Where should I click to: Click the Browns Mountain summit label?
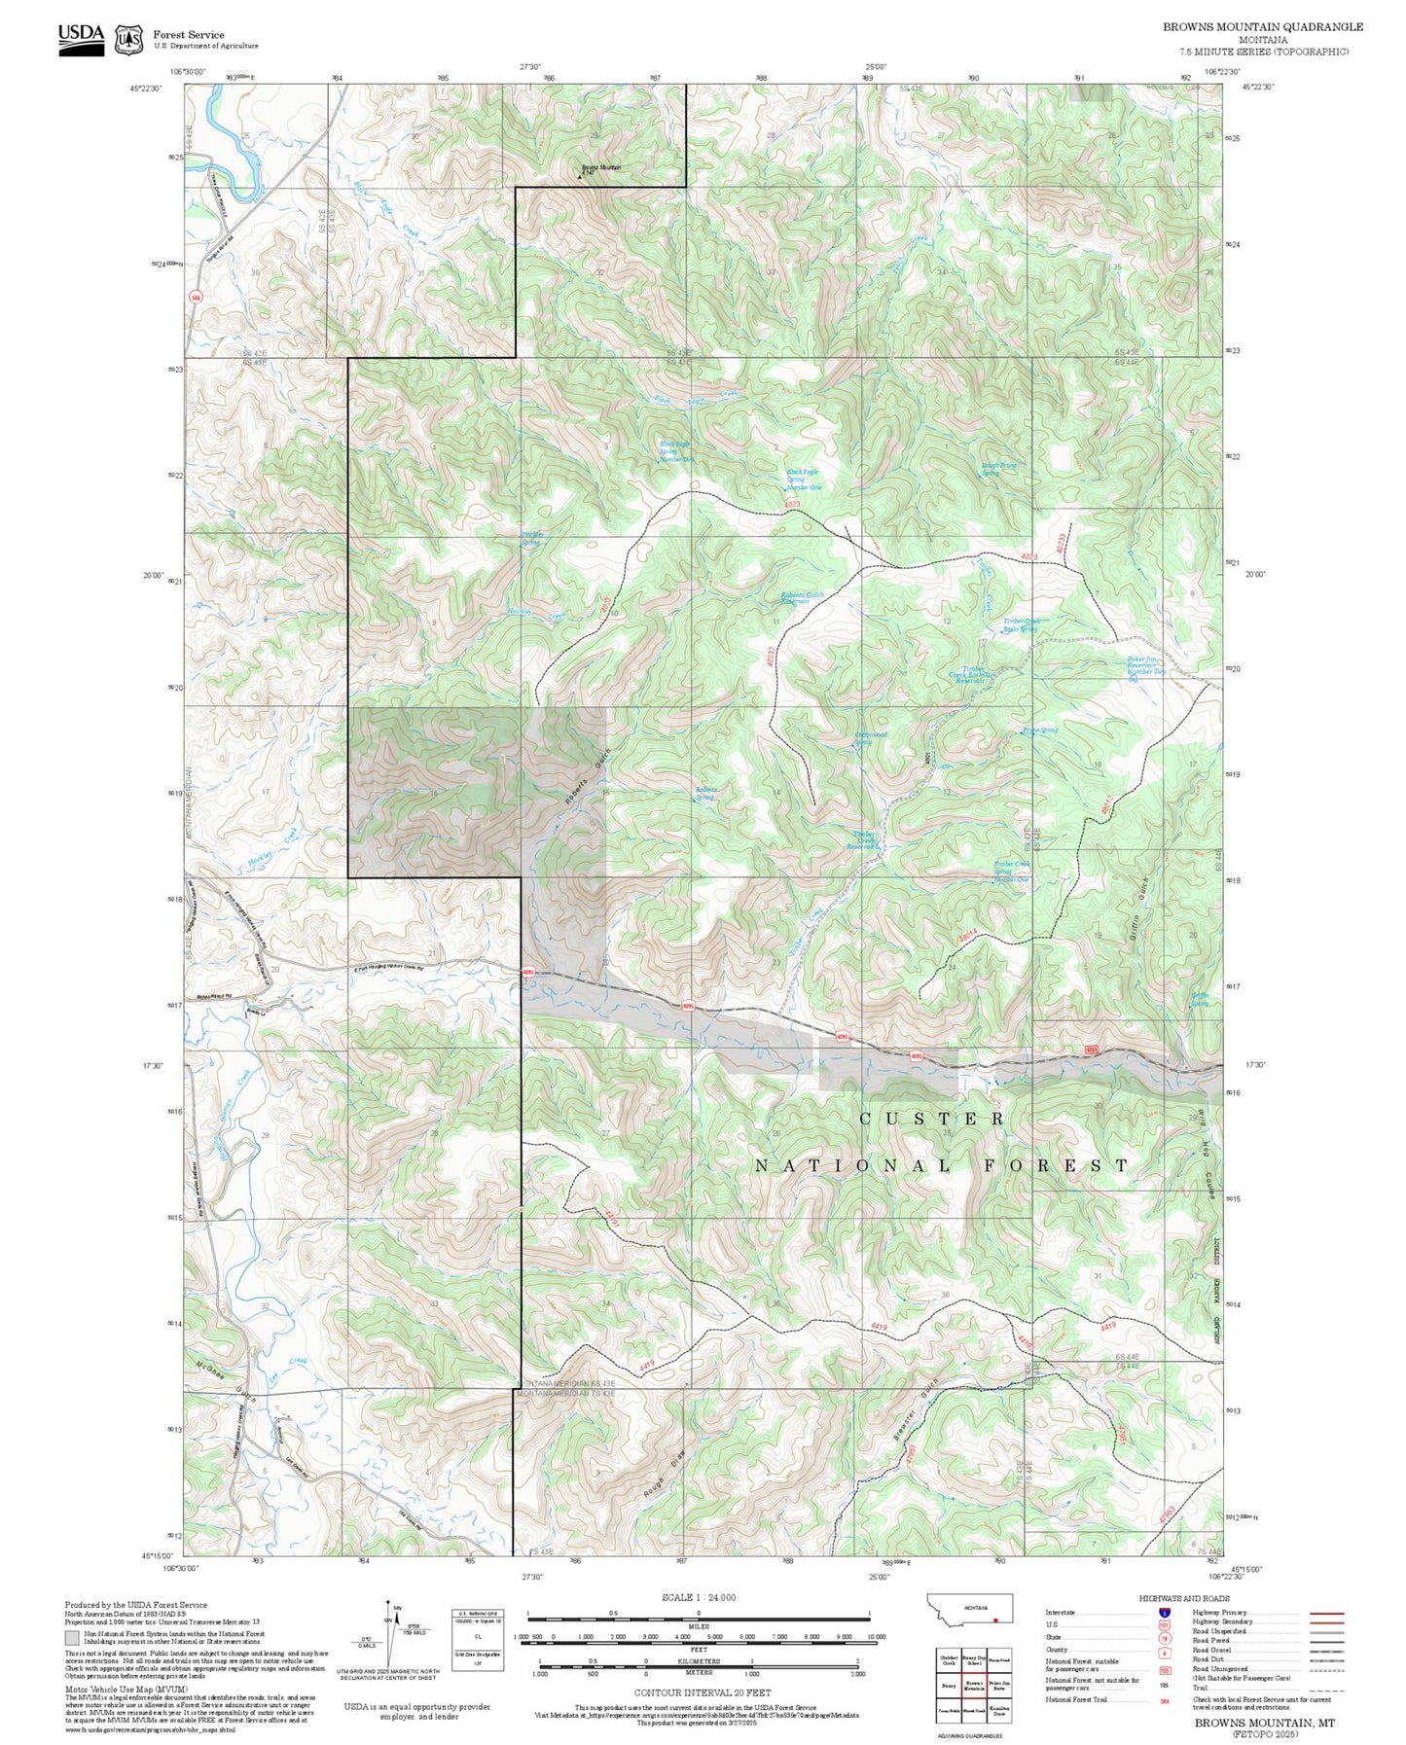599,168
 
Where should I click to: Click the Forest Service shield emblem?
127,39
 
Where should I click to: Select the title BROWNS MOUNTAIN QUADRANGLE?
1262,27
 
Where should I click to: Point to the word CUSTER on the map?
931,1119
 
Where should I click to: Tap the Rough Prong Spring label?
998,469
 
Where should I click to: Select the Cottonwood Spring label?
870,738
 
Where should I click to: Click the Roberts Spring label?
705,793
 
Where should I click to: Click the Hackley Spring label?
531,540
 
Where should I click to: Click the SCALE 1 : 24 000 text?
698,1597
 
